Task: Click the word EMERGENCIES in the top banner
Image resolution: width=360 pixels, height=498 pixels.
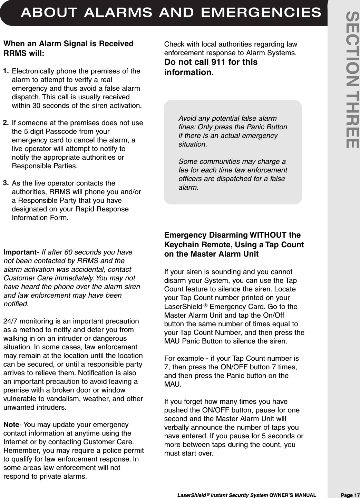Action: [x=261, y=13]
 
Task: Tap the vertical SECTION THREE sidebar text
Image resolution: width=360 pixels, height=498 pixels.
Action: [x=352, y=80]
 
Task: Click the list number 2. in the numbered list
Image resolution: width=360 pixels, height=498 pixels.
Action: [x=7, y=122]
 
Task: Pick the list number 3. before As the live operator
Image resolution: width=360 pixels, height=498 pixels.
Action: [x=7, y=183]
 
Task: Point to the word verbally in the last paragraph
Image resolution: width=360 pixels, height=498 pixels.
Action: [x=177, y=427]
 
